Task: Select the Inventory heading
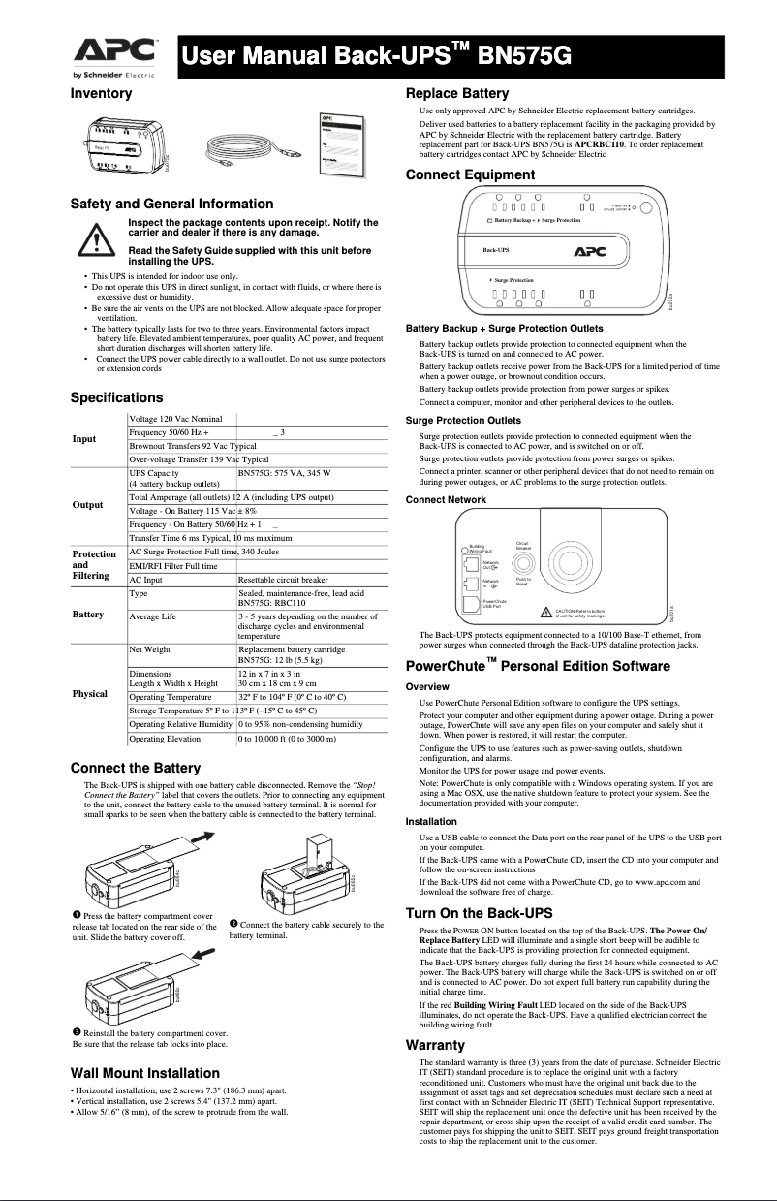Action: pyautogui.click(x=101, y=94)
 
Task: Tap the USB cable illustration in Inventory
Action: pyautogui.click(x=244, y=149)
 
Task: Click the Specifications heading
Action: pyautogui.click(x=116, y=397)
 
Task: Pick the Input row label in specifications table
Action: pyautogui.click(x=85, y=439)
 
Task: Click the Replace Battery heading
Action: pyautogui.click(x=456, y=94)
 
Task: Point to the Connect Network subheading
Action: pyautogui.click(x=446, y=499)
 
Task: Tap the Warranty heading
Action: pyautogui.click(x=435, y=1045)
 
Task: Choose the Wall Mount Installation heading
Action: pyautogui.click(x=145, y=1073)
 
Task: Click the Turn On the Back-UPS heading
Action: pyautogui.click(x=479, y=913)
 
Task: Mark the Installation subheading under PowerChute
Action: pyautogui.click(x=431, y=821)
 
